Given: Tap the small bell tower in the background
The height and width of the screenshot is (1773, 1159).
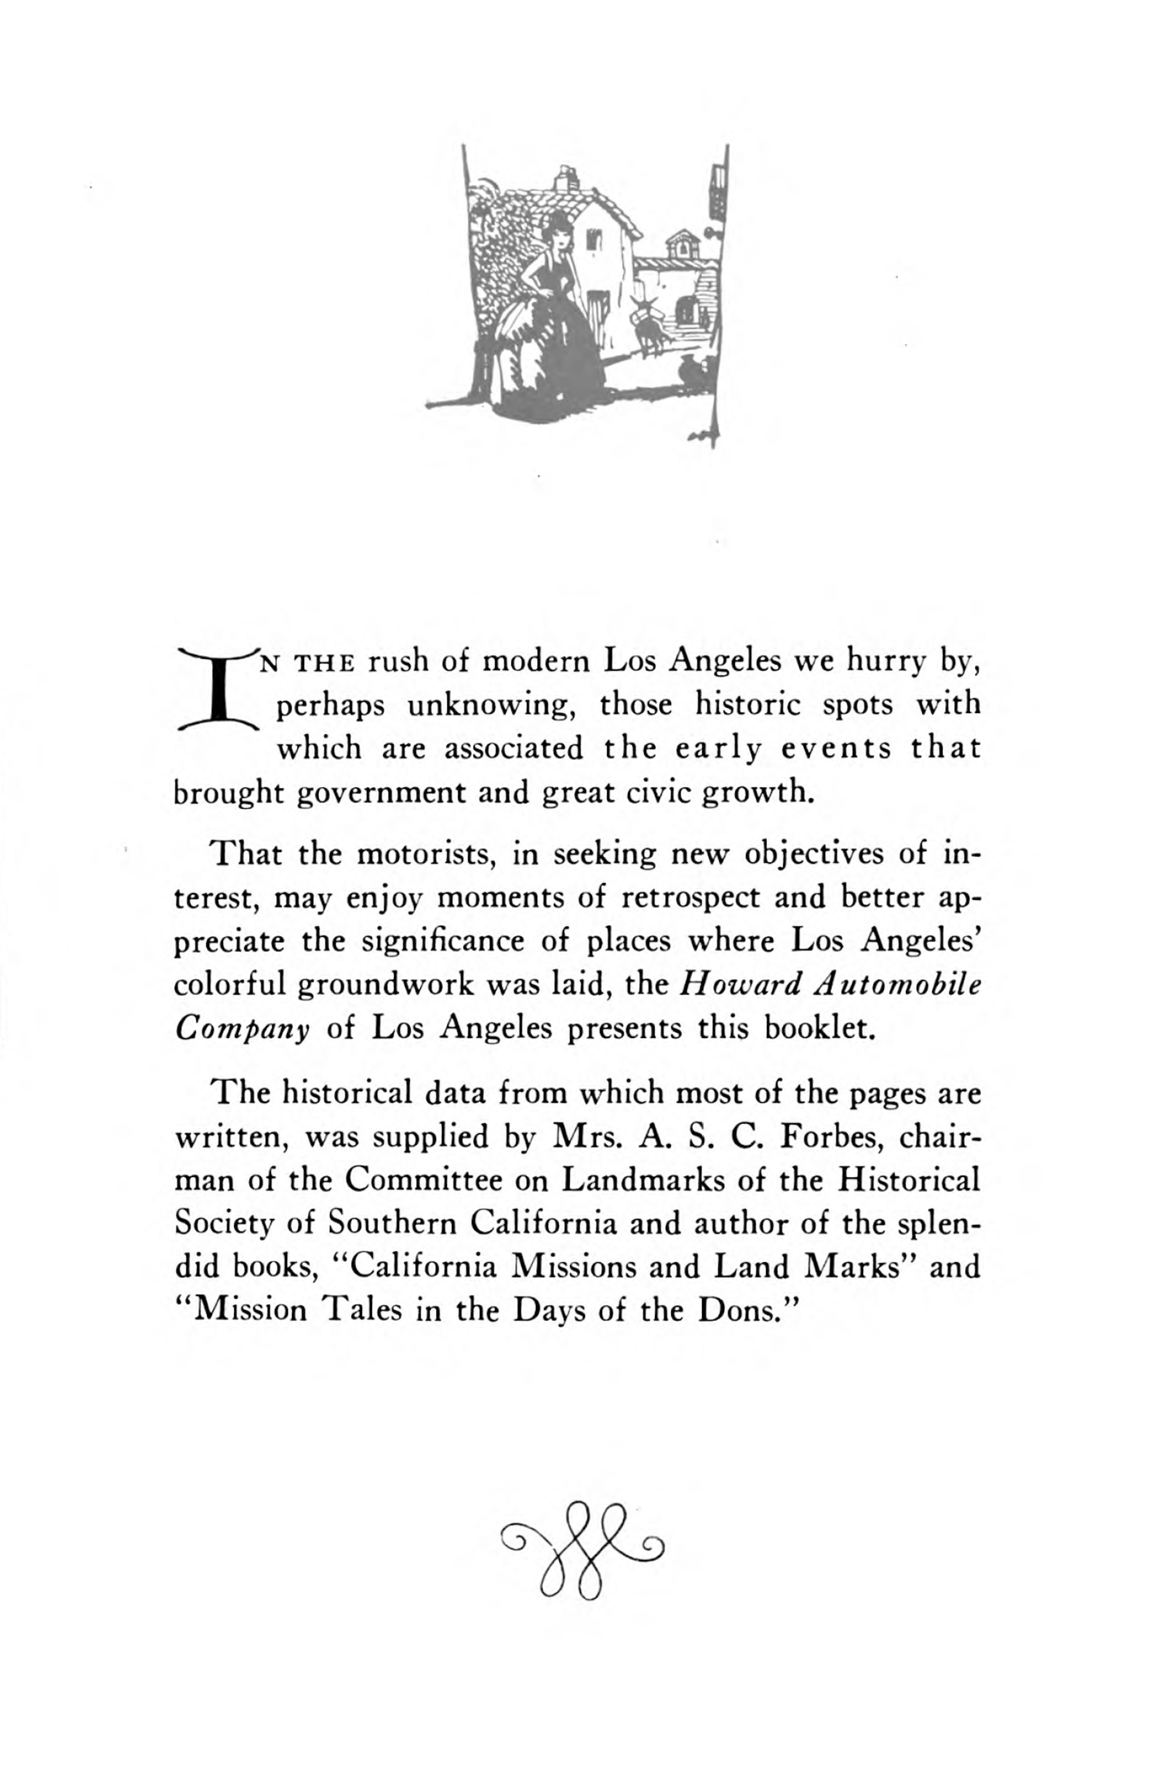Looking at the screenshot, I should [680, 244].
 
